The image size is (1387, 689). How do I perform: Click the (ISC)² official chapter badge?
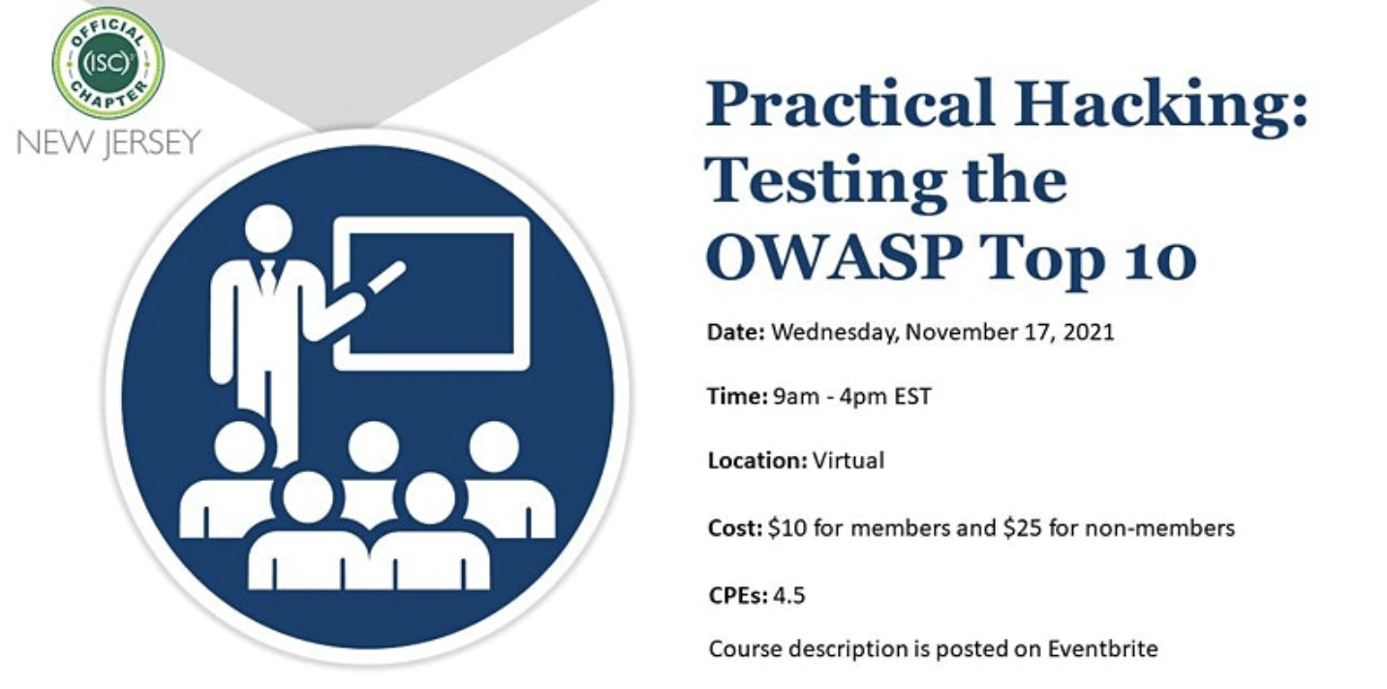point(108,63)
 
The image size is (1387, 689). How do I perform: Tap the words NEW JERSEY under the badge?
point(109,143)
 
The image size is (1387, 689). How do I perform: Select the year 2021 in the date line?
point(1089,332)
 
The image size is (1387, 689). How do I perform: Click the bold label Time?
point(737,396)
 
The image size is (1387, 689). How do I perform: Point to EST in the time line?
point(912,396)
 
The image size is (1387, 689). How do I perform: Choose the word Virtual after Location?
point(848,461)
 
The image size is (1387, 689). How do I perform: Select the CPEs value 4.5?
point(789,595)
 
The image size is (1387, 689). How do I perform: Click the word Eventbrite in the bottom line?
point(1102,648)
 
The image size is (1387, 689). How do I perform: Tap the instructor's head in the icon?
point(268,227)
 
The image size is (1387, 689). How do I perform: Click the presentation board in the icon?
point(432,294)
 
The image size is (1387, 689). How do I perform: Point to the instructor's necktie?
point(267,278)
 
